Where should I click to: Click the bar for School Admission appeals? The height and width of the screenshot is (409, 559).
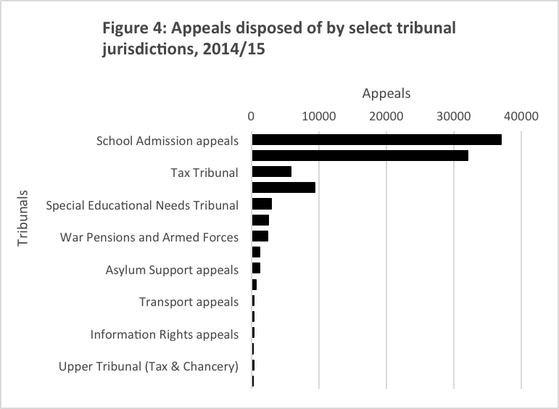click(x=376, y=140)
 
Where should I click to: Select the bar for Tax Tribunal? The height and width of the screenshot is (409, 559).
click(x=271, y=172)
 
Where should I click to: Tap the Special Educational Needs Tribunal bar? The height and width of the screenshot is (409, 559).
click(x=262, y=204)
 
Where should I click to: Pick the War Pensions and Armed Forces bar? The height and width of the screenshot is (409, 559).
click(x=260, y=236)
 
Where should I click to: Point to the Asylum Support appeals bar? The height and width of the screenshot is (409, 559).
click(x=256, y=268)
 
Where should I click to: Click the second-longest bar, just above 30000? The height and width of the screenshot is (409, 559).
click(x=360, y=155)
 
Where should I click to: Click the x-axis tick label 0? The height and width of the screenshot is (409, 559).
click(x=251, y=115)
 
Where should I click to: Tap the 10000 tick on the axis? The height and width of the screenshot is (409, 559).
click(x=318, y=115)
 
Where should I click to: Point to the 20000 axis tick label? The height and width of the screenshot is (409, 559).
click(x=386, y=115)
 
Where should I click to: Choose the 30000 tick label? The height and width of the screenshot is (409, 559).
click(x=454, y=115)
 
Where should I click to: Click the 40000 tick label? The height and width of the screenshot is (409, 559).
click(x=521, y=115)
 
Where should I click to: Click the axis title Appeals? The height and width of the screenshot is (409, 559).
click(x=386, y=94)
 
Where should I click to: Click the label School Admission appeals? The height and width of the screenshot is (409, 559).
click(x=167, y=141)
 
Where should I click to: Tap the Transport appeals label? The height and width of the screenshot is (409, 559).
click(x=189, y=302)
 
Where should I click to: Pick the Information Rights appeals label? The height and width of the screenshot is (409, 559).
click(x=165, y=334)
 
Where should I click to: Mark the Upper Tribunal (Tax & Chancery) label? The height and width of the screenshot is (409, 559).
click(x=149, y=366)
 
